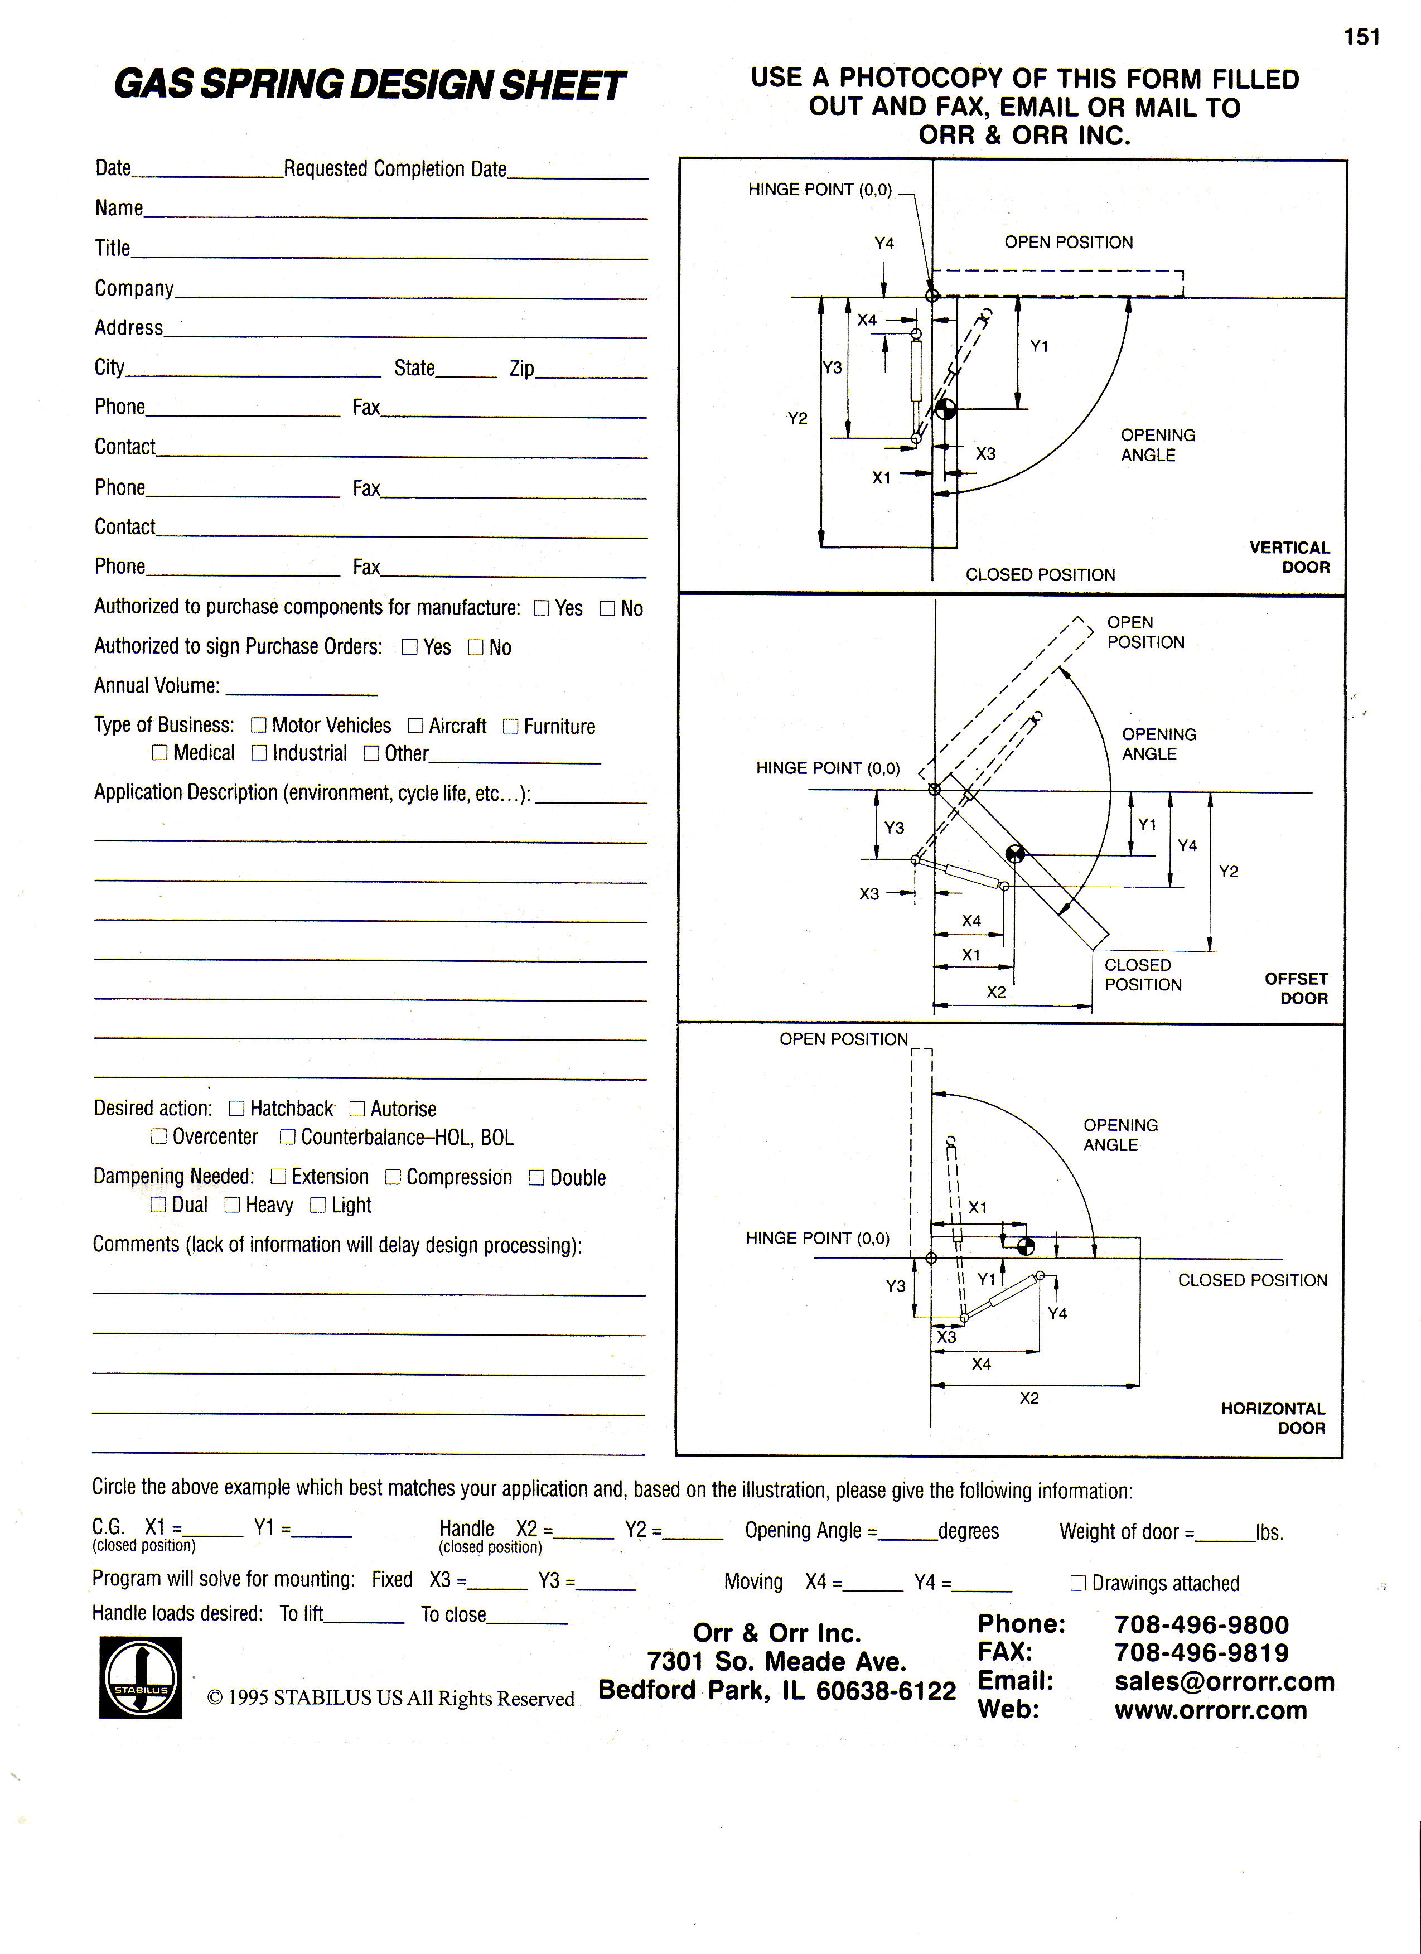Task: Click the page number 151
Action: coord(1361,37)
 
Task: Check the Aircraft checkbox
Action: coord(415,726)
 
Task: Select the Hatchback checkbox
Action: coord(237,1108)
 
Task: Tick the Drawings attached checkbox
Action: coord(1077,1583)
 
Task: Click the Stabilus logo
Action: coord(141,1677)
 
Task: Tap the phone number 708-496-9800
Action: coord(1201,1625)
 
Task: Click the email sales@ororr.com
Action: coord(1224,1681)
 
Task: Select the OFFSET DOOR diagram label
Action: coord(1296,988)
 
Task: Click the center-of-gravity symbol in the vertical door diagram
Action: coord(945,408)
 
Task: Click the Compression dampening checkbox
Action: coord(393,1177)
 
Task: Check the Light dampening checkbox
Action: coord(318,1205)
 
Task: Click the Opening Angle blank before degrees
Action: coord(907,1534)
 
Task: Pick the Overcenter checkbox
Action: coord(158,1136)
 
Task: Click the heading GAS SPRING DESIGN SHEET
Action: coord(369,85)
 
